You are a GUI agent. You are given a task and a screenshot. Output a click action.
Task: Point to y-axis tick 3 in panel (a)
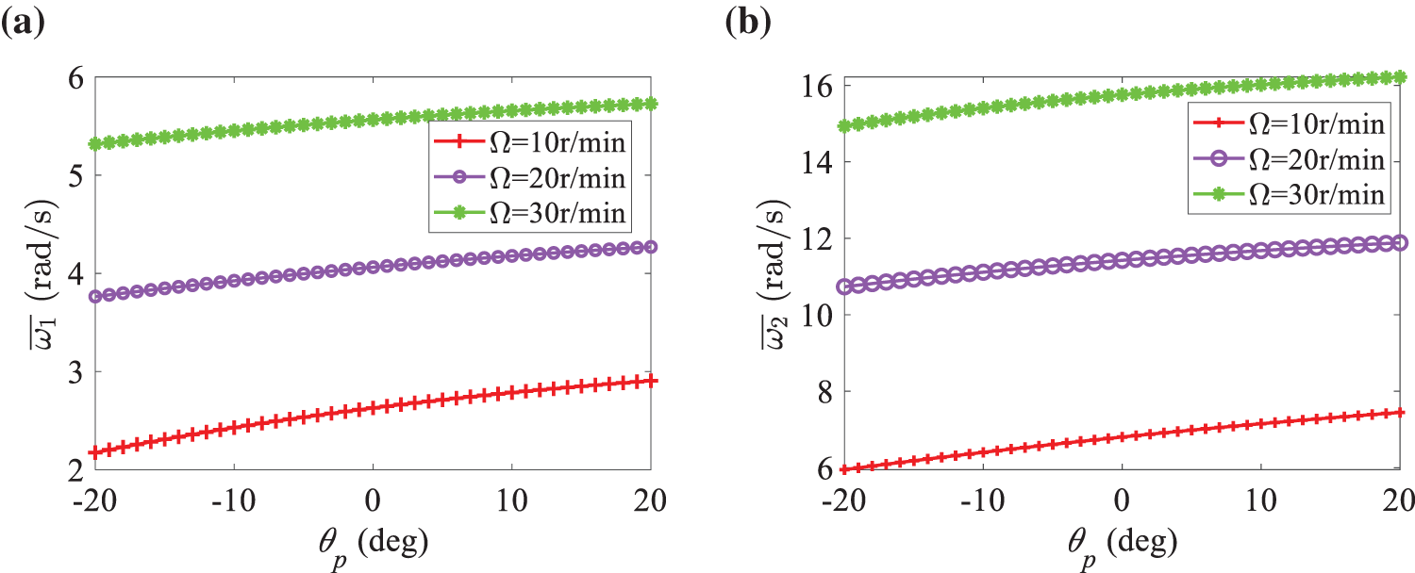point(74,371)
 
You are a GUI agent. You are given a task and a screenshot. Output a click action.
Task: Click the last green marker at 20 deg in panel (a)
point(651,104)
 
